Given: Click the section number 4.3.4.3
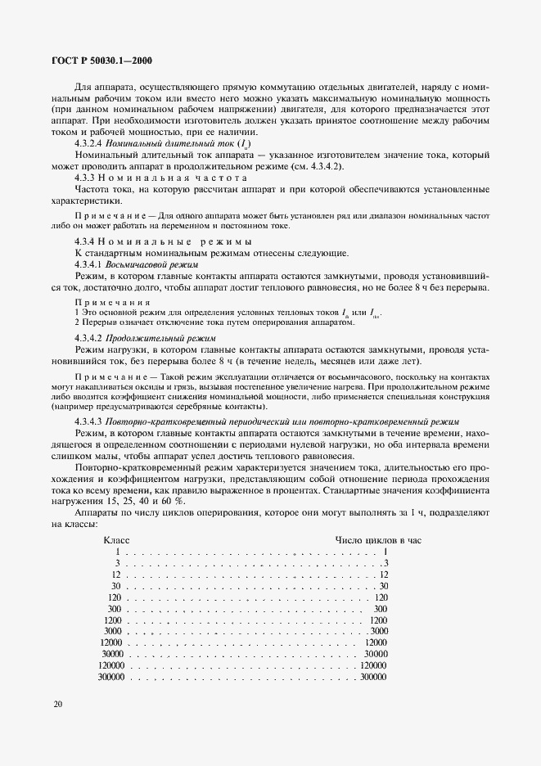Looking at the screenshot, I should click(x=87, y=421).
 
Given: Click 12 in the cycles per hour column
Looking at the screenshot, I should click(x=383, y=574).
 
